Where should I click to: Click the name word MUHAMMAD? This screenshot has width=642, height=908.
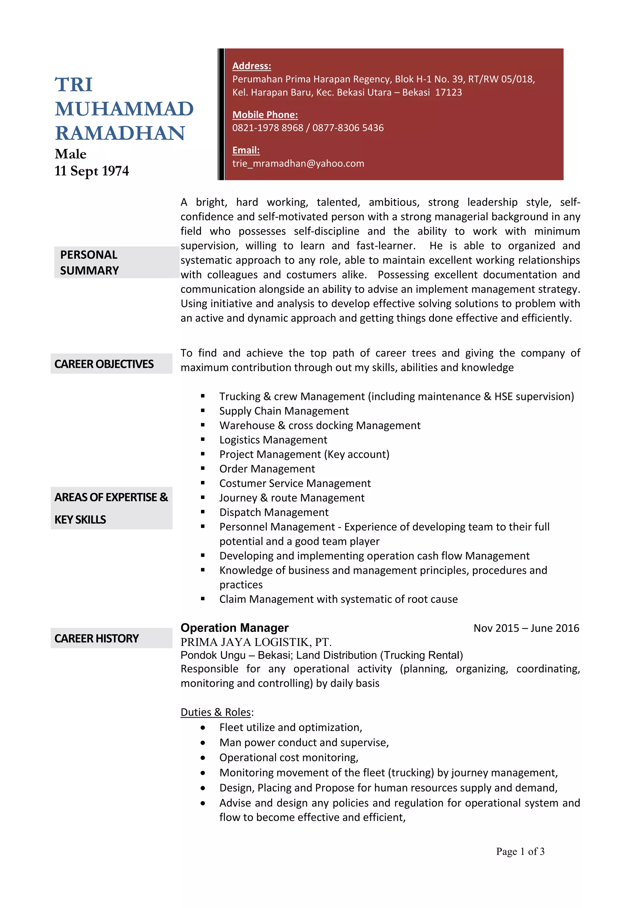pyautogui.click(x=124, y=109)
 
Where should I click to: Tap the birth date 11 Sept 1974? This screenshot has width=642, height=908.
pyautogui.click(x=92, y=171)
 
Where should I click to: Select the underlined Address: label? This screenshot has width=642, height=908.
pyautogui.click(x=251, y=66)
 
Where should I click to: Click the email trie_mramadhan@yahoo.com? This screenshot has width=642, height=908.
pyautogui.click(x=298, y=163)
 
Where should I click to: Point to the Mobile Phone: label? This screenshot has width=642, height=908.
pyautogui.click(x=265, y=115)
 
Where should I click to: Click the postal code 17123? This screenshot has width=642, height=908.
pyautogui.click(x=448, y=92)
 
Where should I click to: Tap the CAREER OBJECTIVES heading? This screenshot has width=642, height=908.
pyautogui.click(x=104, y=364)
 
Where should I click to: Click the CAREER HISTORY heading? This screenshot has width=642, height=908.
pyautogui.click(x=97, y=638)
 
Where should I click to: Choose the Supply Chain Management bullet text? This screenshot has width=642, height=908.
pyautogui.click(x=284, y=411)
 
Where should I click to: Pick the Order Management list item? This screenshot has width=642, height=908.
pyautogui.click(x=267, y=469)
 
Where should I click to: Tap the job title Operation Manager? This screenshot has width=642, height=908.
pyautogui.click(x=234, y=628)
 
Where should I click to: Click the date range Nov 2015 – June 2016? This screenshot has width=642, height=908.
pyautogui.click(x=526, y=628)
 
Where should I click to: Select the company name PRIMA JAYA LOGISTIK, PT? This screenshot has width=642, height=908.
pyautogui.click(x=256, y=642)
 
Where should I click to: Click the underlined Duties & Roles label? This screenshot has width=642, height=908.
pyautogui.click(x=216, y=712)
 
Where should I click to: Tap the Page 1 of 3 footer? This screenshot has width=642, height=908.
pyautogui.click(x=520, y=852)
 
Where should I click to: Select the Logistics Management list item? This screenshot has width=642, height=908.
pyautogui.click(x=273, y=440)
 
